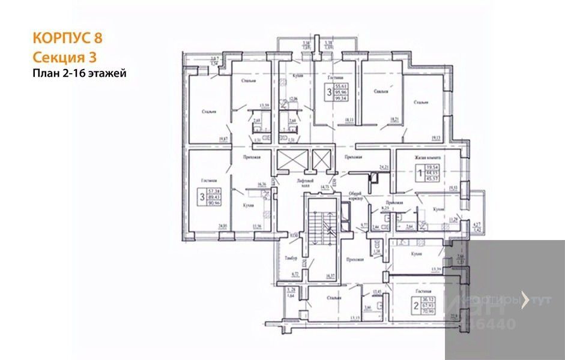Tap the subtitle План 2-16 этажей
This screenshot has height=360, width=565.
pyautogui.click(x=79, y=73)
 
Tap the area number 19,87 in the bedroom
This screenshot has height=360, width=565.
pyautogui.click(x=223, y=139)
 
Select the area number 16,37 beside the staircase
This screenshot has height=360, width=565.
pyautogui.click(x=330, y=277)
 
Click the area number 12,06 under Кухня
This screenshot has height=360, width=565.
pyautogui.click(x=293, y=98)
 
